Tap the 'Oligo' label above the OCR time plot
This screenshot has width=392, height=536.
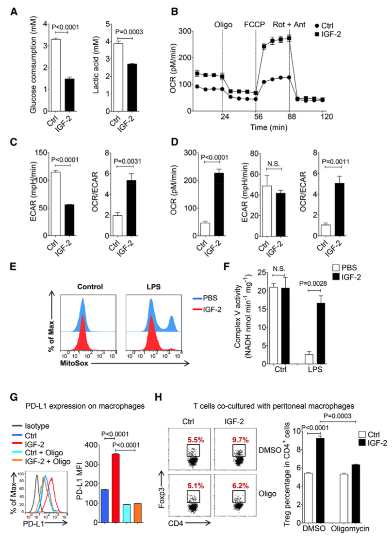pos(222,23)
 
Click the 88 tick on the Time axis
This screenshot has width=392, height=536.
pos(289,117)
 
